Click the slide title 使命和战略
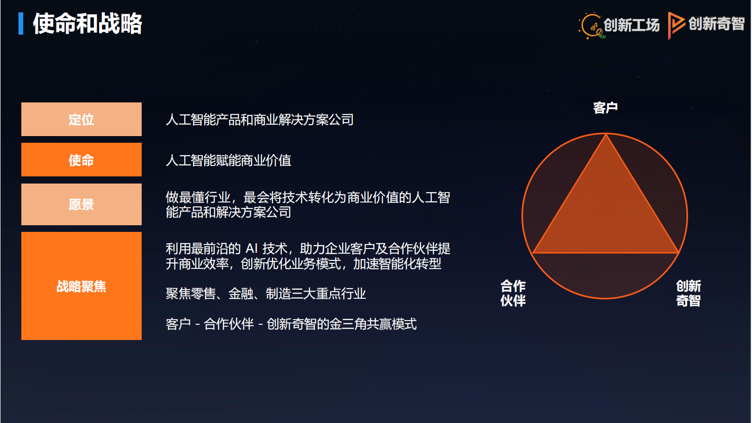[87, 24]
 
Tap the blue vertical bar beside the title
[21, 24]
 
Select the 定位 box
[82, 120]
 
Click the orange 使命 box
[82, 160]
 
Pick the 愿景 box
[82, 204]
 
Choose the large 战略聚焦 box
[82, 286]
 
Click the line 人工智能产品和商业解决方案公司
[260, 120]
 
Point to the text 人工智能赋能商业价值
[228, 160]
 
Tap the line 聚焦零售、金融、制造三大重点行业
[266, 294]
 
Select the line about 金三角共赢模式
[291, 324]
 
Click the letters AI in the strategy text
[252, 248]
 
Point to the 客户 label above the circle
[605, 108]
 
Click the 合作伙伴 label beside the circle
[513, 293]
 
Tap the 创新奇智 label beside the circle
[688, 293]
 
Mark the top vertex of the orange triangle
[606, 135]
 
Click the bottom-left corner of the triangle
[533, 253]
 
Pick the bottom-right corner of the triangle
[679, 253]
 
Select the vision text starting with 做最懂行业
[308, 204]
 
